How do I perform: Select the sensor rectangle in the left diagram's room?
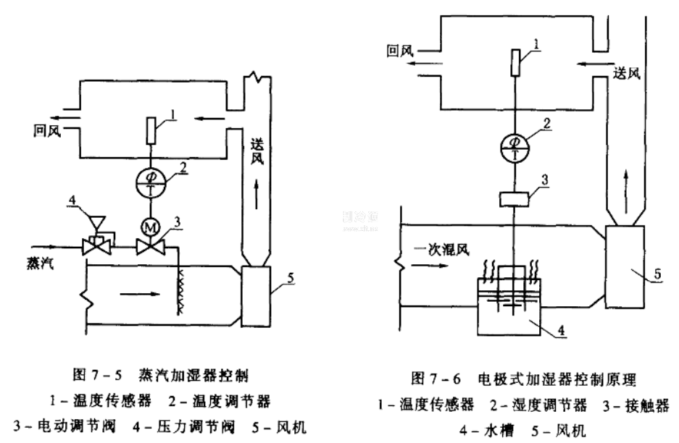(x=151, y=131)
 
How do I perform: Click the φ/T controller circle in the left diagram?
(x=151, y=183)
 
